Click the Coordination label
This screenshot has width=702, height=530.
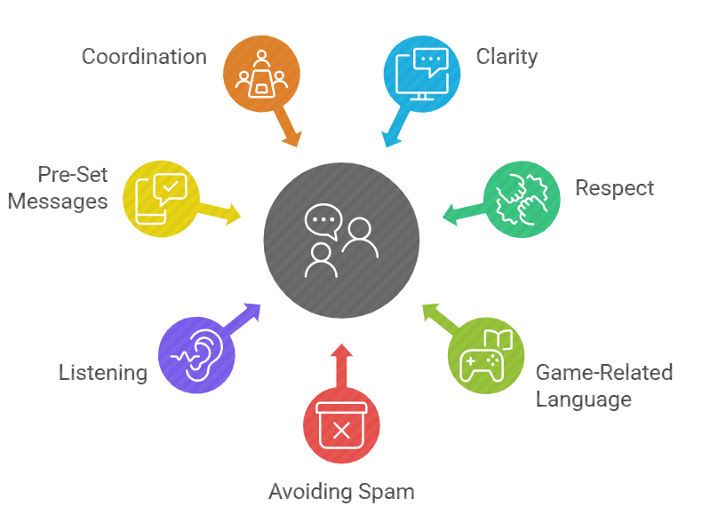[x=144, y=57]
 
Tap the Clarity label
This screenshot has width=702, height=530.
[x=507, y=57]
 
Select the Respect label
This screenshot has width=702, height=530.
[x=614, y=188]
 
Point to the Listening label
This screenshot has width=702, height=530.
[x=103, y=372]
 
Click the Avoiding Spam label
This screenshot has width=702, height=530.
[x=341, y=491]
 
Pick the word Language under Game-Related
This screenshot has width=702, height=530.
[x=583, y=399]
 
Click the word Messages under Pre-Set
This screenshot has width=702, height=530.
[x=59, y=202]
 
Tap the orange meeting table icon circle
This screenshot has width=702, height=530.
[x=261, y=75]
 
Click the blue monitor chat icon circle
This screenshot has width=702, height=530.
[x=421, y=74]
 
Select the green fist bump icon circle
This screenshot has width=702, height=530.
[x=522, y=199]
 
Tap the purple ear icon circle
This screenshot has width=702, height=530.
[x=196, y=355]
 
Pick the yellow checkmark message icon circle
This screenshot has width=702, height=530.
[x=161, y=198]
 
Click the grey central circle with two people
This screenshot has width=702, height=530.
[x=341, y=241]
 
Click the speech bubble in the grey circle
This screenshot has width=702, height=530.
[x=323, y=221]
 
